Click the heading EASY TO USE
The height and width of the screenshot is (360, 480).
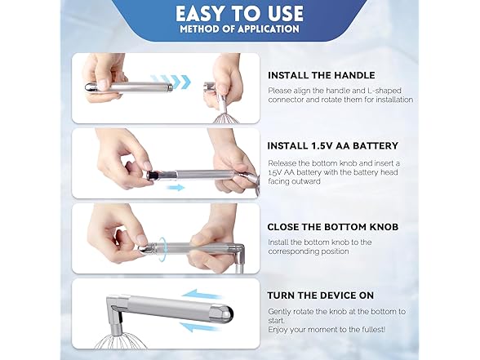click(x=239, y=13)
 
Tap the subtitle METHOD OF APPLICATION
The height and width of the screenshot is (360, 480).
click(x=239, y=30)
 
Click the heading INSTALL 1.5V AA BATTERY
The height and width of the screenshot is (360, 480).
click(x=332, y=146)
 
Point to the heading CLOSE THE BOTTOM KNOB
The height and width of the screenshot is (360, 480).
click(x=333, y=227)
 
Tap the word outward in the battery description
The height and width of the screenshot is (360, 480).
click(x=301, y=181)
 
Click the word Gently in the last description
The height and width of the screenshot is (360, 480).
click(x=282, y=312)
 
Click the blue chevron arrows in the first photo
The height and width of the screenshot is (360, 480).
click(x=175, y=82)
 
